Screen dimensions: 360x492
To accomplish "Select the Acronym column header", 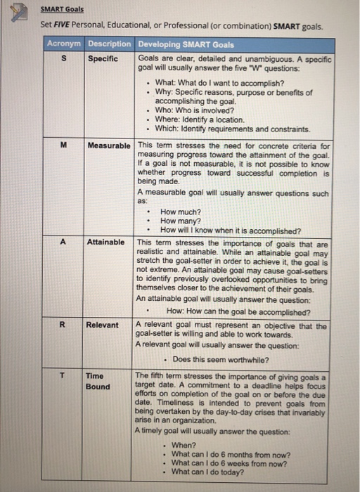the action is click(65, 44).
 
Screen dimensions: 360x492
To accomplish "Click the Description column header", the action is click(110, 44).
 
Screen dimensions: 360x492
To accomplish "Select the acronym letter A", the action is click(63, 241).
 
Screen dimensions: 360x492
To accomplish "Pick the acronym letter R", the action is click(63, 325).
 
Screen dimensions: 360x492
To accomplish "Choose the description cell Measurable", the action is click(109, 145).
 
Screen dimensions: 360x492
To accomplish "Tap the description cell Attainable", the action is click(105, 241).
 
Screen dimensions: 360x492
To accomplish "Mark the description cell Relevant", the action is click(102, 325).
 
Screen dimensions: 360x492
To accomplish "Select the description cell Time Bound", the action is click(98, 381).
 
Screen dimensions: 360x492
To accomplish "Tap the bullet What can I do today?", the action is click(207, 472).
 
